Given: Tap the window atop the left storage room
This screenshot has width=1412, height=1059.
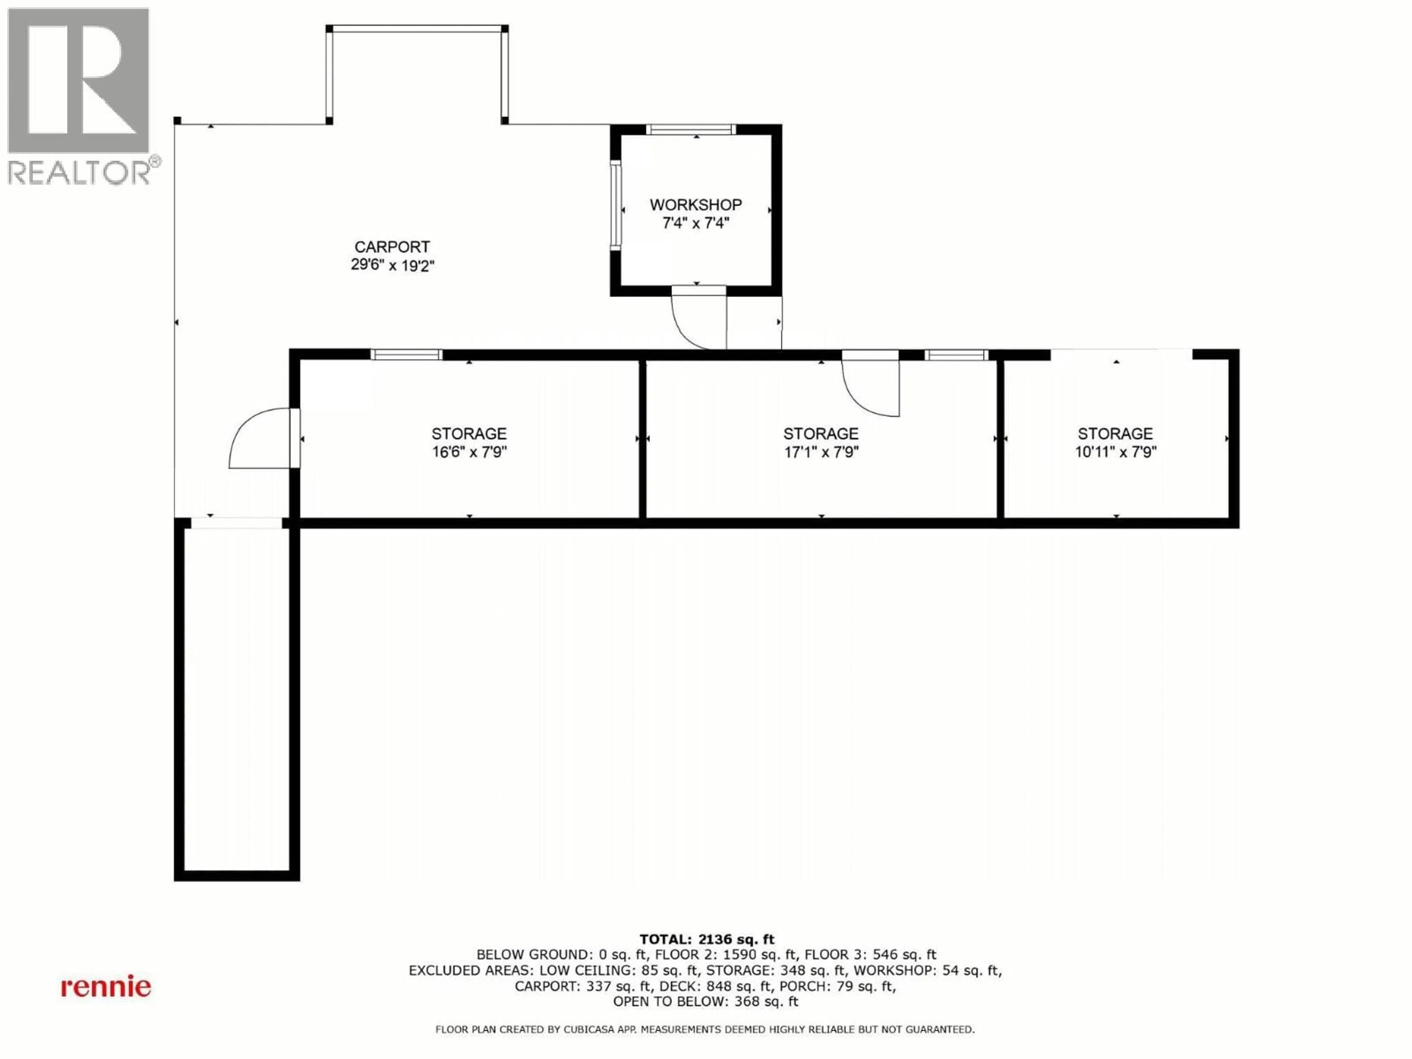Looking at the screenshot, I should pos(407,355).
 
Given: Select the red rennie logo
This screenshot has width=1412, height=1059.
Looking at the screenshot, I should pos(106,987).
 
